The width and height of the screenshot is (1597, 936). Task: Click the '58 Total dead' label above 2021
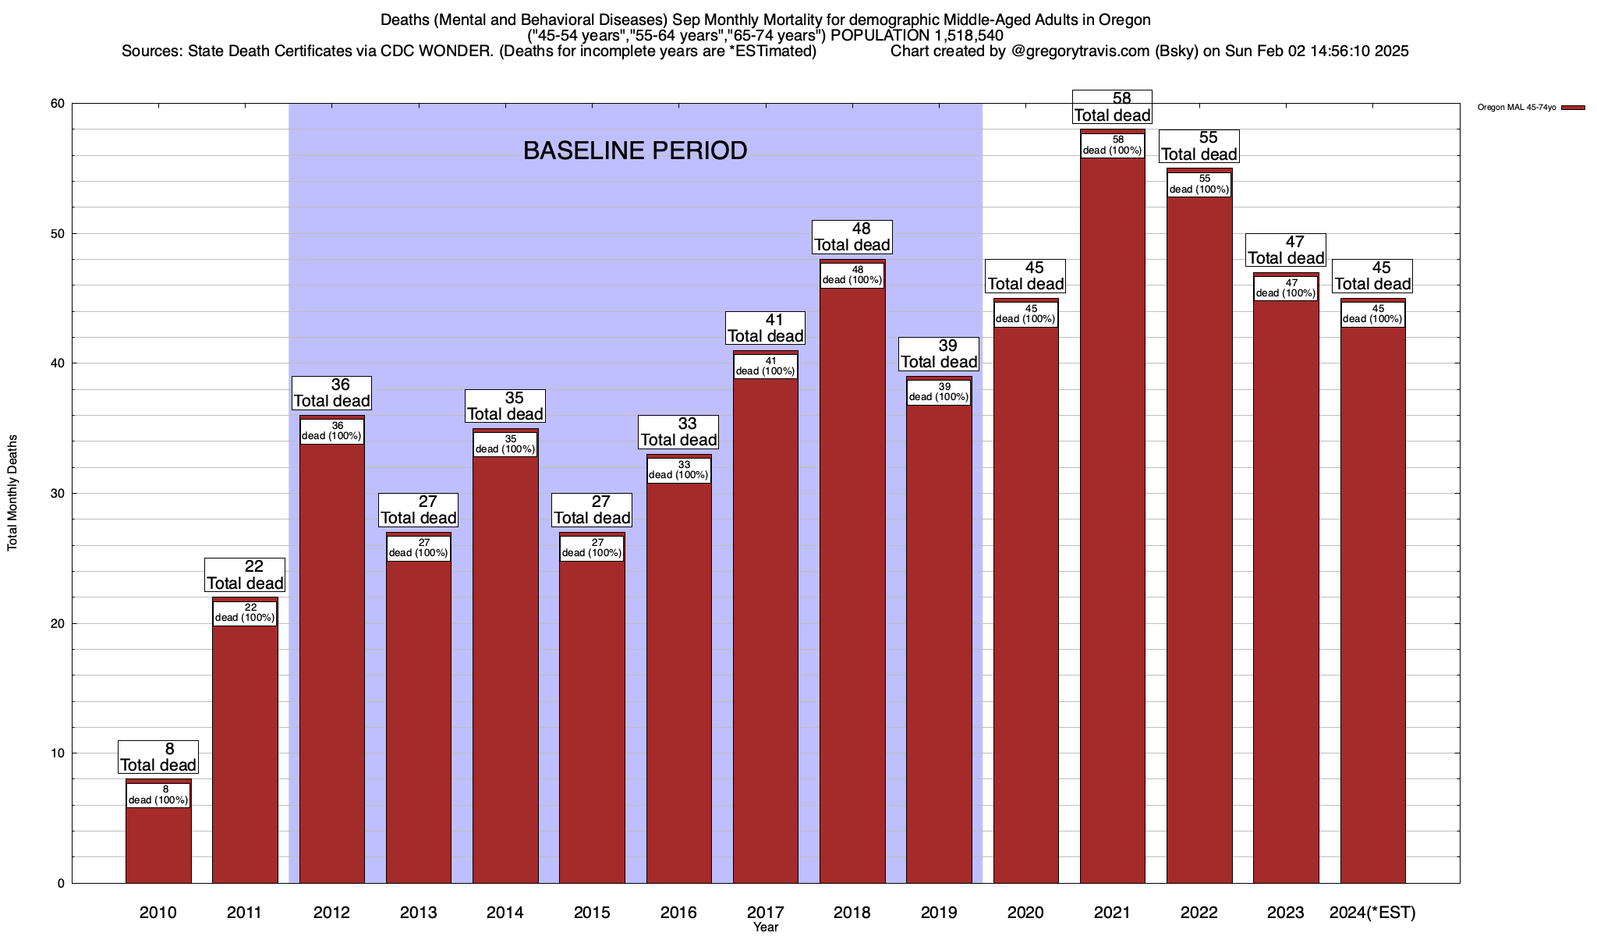pos(1113,107)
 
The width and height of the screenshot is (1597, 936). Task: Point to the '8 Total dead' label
pos(158,757)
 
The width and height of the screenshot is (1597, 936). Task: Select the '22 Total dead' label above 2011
pos(245,575)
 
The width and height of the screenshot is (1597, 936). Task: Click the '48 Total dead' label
pos(852,236)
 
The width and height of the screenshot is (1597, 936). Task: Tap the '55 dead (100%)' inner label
pos(1199,184)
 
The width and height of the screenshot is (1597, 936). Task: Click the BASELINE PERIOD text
pos(635,151)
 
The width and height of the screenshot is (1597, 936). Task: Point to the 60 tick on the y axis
pos(57,104)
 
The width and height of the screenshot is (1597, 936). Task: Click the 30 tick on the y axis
pos(57,494)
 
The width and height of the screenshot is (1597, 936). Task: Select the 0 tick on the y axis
pos(61,884)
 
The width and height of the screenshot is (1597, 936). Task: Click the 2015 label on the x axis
pos(592,912)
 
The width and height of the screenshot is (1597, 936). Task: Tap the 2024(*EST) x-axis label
pos(1372,912)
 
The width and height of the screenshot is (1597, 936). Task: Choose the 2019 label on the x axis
pos(939,912)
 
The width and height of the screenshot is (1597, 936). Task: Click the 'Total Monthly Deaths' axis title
pos(12,493)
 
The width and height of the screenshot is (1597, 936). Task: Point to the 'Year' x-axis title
pos(766,927)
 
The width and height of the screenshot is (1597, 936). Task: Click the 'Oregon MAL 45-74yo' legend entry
pos(1517,108)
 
